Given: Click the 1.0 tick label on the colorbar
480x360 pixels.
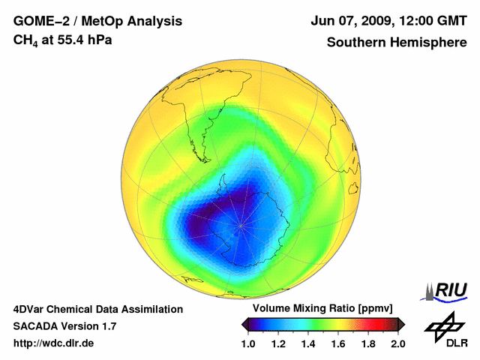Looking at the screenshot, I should click(x=249, y=343).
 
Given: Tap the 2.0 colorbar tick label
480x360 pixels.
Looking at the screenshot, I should click(x=397, y=343).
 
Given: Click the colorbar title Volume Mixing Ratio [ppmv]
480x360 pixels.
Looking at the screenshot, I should click(x=323, y=309).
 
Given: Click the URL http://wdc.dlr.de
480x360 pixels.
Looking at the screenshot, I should click(x=54, y=343).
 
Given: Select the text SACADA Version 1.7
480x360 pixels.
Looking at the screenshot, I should click(x=64, y=326).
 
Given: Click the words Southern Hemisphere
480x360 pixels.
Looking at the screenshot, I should click(x=396, y=42).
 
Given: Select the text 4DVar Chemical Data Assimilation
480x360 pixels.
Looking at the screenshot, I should click(x=97, y=309).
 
